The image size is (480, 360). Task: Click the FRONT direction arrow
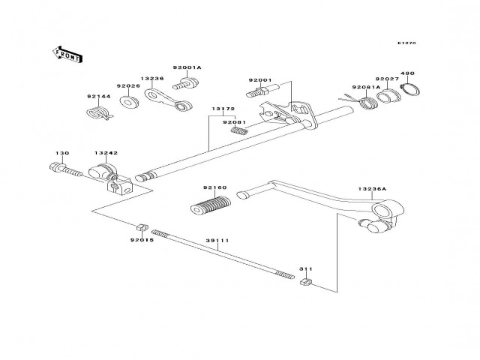click(65, 53)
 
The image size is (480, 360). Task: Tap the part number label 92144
click(98, 97)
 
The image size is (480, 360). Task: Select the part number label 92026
click(127, 85)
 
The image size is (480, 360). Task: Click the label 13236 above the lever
click(151, 78)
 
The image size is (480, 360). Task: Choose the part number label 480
click(406, 73)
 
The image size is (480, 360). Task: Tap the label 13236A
click(372, 190)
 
